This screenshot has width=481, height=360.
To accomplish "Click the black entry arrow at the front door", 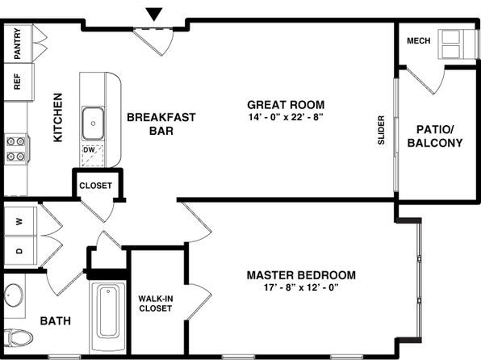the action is click(153, 14).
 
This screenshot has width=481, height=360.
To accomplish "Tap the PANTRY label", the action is click(18, 44).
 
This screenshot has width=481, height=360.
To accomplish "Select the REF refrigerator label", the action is click(18, 82).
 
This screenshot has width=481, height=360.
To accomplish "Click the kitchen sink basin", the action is click(93, 123).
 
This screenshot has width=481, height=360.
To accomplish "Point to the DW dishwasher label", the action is click(89, 150).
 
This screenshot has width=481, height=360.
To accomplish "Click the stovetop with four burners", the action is click(16, 149).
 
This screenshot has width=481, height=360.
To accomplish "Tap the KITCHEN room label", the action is click(57, 118).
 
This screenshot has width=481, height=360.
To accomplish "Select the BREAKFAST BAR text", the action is click(161, 124).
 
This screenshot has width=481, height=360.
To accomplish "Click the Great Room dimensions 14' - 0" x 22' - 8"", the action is click(286, 117).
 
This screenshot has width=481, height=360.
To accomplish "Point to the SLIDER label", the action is click(381, 130).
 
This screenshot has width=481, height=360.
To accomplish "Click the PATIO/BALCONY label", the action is click(435, 136).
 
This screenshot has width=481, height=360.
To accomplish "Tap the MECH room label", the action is click(418, 41).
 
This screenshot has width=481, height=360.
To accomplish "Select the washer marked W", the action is click(20, 221).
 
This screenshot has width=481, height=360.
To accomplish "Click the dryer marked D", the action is click(20, 250).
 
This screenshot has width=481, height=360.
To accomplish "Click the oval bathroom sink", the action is click(14, 295).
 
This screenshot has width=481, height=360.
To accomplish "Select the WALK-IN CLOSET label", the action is click(156, 303).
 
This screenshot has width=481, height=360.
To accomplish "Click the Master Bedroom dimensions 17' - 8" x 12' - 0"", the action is click(301, 287).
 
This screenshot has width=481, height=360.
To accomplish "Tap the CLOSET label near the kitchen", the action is click(96, 186).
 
